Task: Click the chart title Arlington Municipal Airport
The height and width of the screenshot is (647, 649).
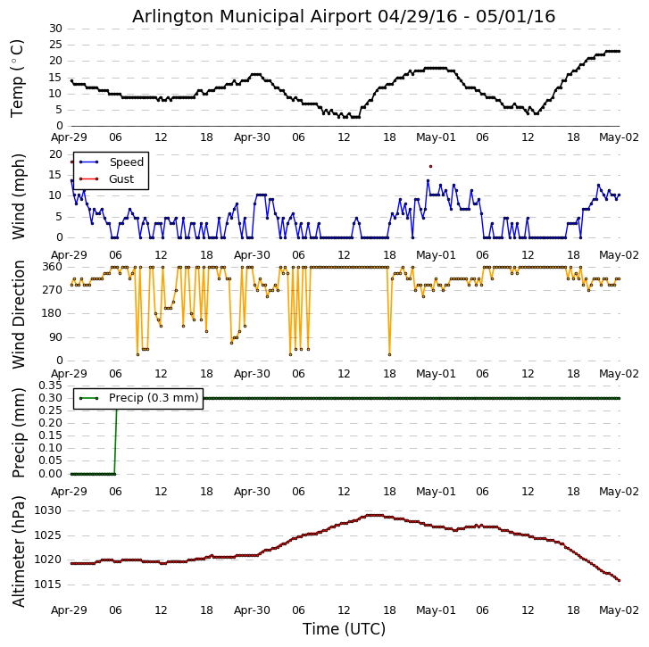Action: point(344,16)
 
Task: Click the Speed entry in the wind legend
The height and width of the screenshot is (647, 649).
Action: point(126,162)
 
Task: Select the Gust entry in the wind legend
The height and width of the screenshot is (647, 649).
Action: point(121,179)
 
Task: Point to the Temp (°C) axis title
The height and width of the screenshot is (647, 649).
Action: point(18,78)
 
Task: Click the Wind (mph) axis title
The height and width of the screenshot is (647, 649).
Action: point(18,195)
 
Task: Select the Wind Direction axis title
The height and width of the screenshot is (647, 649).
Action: point(18,313)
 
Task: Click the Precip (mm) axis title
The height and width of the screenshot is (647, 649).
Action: point(18,432)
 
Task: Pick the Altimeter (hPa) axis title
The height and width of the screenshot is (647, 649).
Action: point(18,551)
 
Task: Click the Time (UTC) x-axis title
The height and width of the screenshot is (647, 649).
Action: point(344,629)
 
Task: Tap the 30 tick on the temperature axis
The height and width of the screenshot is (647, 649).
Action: point(54,29)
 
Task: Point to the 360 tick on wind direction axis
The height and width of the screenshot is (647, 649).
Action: point(51,267)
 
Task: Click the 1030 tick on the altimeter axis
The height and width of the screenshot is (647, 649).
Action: point(47,510)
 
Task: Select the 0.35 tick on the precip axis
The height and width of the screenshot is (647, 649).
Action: point(50,386)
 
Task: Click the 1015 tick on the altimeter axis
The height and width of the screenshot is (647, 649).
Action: point(47,584)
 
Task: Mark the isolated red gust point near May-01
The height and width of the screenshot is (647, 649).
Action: point(429,166)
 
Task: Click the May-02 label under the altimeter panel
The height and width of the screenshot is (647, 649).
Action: point(619,610)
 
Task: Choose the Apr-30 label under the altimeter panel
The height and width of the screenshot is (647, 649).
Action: point(252,610)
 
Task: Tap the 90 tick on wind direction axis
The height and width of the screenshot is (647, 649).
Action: point(54,336)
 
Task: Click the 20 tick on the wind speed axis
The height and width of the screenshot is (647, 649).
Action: point(54,153)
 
